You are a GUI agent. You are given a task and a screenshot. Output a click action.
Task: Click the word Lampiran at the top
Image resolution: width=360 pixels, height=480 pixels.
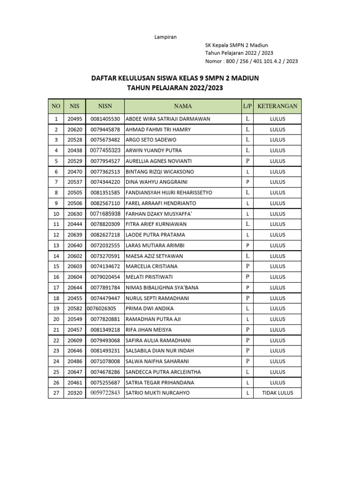[165, 37]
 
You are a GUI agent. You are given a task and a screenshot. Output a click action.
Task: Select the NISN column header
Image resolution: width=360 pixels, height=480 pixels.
[105, 106]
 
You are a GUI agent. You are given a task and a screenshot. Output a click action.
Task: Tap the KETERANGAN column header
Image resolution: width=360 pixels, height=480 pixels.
[277, 106]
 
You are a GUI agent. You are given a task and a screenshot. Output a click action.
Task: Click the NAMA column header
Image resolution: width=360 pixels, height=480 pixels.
[183, 106]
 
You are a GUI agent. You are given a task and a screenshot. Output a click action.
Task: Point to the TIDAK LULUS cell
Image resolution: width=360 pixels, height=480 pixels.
[277, 393]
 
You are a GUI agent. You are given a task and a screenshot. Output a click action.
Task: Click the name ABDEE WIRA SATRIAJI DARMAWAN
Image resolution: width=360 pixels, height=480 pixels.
[168, 119]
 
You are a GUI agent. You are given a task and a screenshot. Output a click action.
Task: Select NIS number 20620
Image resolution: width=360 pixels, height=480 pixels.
[75, 129]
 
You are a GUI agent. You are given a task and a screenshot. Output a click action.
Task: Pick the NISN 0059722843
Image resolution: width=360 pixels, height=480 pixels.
[105, 393]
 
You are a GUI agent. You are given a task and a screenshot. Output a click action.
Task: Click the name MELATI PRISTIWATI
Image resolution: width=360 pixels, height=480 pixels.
[149, 277]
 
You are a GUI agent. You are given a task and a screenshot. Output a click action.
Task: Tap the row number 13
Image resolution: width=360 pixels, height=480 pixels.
[56, 245]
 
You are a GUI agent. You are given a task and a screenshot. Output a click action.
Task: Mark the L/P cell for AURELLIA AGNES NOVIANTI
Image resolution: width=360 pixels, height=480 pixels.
[247, 161]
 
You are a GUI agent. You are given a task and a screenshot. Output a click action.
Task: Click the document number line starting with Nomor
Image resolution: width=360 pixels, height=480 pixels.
[251, 61]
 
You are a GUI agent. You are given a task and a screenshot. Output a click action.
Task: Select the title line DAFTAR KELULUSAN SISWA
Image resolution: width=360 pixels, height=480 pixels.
[175, 78]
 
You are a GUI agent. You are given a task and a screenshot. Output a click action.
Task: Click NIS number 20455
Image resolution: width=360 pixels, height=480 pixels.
[75, 298]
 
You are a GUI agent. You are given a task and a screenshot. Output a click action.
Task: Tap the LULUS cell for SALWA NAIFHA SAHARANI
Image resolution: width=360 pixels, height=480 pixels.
[277, 361]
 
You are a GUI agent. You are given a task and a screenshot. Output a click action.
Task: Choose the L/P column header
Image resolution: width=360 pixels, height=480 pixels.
[247, 106]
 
